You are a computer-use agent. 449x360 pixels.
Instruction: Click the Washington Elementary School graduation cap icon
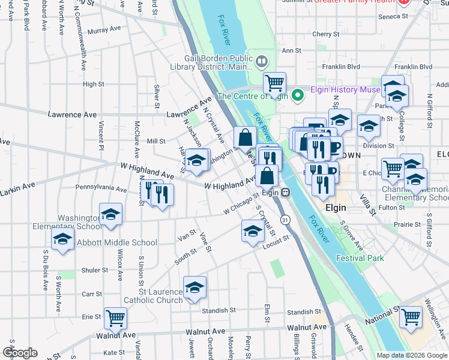(x=111, y=215)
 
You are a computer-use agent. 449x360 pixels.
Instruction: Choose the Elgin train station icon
(x=286, y=193)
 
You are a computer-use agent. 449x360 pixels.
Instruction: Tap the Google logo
(x=20, y=353)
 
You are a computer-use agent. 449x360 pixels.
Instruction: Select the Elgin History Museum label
(x=345, y=90)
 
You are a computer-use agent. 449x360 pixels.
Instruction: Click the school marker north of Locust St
(x=253, y=230)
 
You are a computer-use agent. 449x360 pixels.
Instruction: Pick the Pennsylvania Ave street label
(x=101, y=188)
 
